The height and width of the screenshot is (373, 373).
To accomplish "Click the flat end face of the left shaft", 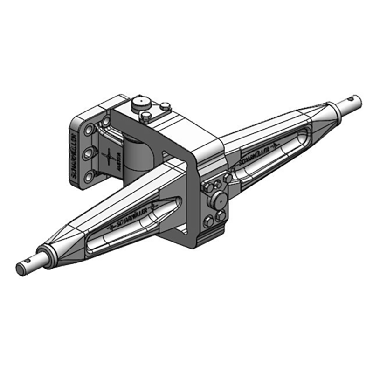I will click(21, 269).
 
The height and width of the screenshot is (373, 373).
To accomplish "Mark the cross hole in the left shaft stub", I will click(33, 261).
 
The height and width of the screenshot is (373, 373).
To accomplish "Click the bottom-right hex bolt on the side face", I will click(221, 215).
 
